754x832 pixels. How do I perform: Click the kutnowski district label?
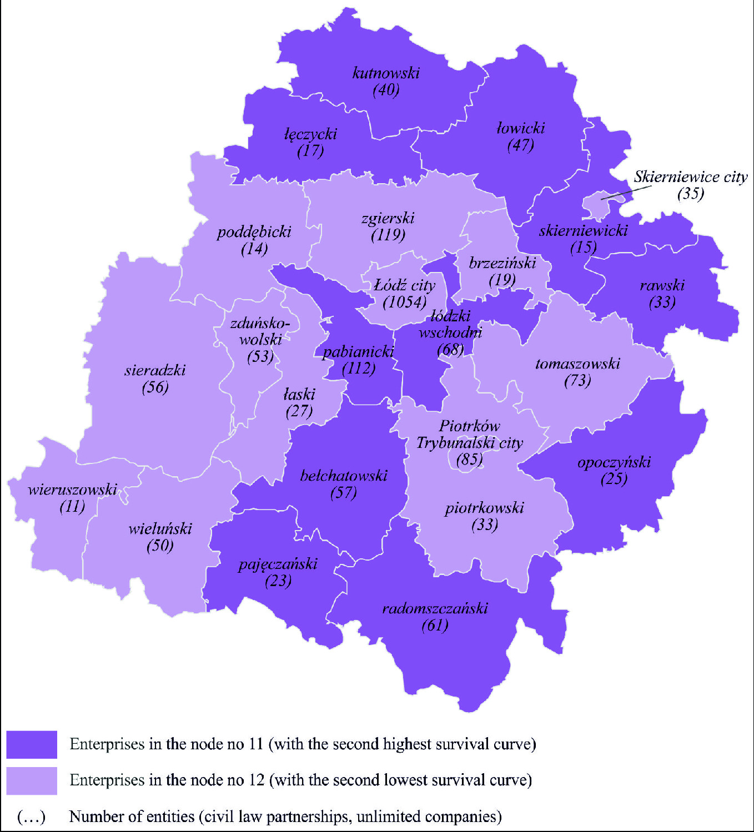click(386, 73)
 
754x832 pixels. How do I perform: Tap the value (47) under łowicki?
click(520, 145)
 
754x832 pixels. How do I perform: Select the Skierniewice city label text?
click(690, 177)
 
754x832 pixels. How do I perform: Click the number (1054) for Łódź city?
click(405, 302)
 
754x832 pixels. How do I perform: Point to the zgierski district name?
click(388, 218)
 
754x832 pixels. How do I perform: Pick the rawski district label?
click(662, 285)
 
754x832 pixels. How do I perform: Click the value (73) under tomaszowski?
click(577, 381)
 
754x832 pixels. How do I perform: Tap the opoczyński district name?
click(614, 462)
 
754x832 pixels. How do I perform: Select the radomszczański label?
click(435, 608)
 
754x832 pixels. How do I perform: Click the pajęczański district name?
click(278, 564)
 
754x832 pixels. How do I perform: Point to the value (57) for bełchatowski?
click(343, 493)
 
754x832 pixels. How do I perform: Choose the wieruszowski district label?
click(72, 490)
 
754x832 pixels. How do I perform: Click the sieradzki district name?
click(155, 370)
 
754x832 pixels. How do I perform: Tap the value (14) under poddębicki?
click(254, 249)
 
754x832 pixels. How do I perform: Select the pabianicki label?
click(358, 351)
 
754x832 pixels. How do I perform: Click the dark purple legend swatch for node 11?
click(32, 744)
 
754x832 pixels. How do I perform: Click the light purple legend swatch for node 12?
click(32, 780)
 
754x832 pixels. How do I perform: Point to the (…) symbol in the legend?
click(31, 817)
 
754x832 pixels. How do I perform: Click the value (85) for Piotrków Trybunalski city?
click(469, 460)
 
